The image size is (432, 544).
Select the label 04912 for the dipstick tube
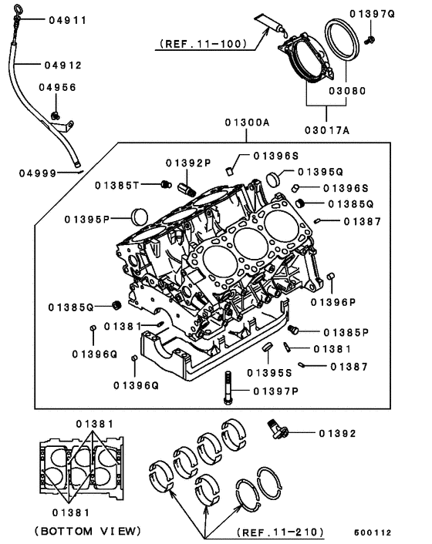[62, 65]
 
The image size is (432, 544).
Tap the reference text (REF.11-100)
[202, 44]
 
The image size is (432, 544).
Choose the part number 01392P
[187, 163]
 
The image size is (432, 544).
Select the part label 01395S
[269, 372]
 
